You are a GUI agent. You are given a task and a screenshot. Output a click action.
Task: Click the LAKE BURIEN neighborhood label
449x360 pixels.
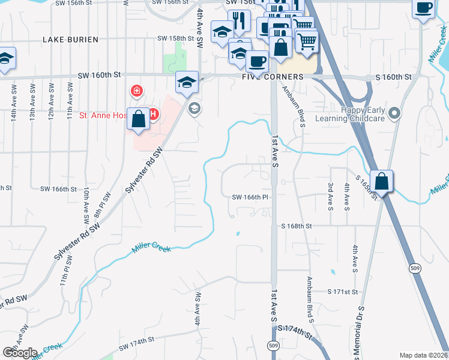66,39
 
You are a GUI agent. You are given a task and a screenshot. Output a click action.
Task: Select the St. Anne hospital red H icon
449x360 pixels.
153,113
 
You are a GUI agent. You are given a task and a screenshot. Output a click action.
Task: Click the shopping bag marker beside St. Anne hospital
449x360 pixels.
139,119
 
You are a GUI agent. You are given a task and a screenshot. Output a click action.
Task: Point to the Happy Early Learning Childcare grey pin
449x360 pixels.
394,113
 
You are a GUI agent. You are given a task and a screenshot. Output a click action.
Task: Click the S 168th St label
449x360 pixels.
297,226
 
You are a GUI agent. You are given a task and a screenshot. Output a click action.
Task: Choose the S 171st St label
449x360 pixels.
343,291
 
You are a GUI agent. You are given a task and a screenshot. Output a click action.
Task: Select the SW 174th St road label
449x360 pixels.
137,344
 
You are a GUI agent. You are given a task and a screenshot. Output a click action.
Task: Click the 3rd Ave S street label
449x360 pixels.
331,197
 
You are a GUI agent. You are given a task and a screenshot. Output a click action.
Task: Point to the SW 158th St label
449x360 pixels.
176,38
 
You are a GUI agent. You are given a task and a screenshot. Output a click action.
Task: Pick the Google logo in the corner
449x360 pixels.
20,353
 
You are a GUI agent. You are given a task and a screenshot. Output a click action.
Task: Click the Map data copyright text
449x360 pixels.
423,355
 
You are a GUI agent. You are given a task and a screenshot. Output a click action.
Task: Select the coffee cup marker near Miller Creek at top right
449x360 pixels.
423,9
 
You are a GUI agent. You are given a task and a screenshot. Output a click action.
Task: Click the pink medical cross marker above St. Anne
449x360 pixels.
137,91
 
